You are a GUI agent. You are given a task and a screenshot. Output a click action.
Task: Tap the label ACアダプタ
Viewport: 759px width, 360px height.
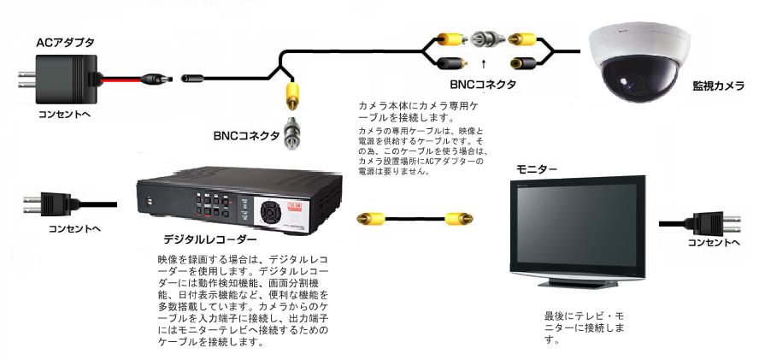coord(65,41)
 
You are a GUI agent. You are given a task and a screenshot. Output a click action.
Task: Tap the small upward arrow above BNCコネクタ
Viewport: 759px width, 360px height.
coord(484,62)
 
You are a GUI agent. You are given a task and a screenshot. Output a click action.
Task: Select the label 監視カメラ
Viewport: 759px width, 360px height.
coord(718,86)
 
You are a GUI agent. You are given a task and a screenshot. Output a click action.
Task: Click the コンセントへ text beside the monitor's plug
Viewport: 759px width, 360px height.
coord(714,243)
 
